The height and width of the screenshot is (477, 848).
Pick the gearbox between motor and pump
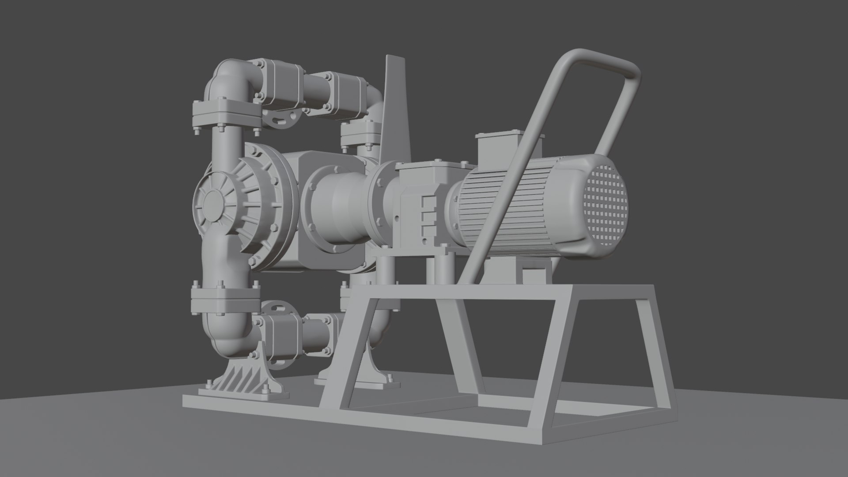pyautogui.click(x=424, y=199)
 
